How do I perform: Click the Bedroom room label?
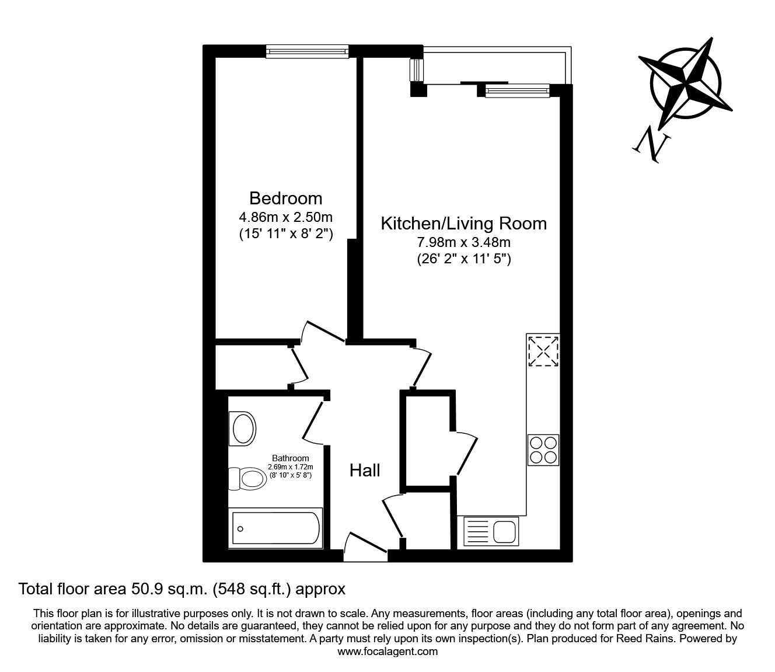[285, 197]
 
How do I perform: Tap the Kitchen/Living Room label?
[463, 224]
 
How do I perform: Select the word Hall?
[365, 470]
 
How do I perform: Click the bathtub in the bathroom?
[275, 528]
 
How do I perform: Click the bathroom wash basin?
[243, 429]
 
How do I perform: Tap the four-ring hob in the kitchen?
[543, 450]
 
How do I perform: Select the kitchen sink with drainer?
[490, 531]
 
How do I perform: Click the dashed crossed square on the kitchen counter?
[543, 350]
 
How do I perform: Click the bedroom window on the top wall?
[307, 51]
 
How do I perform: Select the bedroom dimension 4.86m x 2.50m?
[285, 217]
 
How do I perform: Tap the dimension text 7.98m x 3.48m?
[463, 242]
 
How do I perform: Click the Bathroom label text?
[291, 458]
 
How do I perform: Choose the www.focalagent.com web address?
[387, 652]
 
